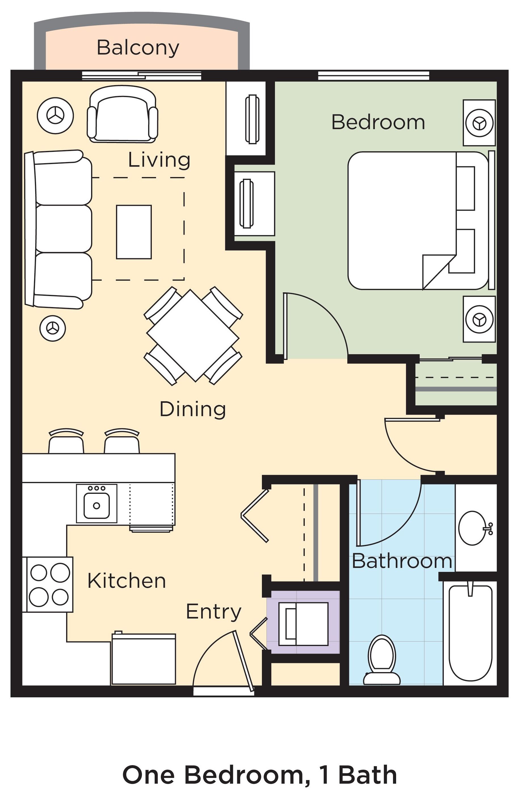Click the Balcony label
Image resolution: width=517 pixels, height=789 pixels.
[138, 48]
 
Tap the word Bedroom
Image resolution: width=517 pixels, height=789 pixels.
[378, 122]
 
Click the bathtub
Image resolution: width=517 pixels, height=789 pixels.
[470, 633]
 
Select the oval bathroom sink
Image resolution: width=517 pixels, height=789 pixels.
[475, 528]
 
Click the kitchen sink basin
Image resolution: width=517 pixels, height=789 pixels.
[96, 505]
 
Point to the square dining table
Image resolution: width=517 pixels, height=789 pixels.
[193, 336]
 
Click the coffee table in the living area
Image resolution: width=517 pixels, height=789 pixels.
[134, 232]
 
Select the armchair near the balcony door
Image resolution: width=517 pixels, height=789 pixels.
[123, 114]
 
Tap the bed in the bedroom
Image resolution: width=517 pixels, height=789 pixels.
[421, 221]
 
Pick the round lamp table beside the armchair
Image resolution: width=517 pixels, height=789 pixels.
[55, 116]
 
